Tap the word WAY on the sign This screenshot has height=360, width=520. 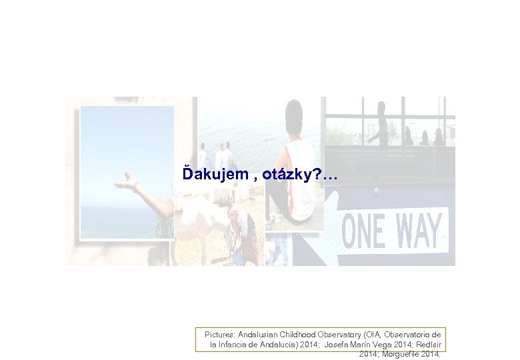click(419, 229)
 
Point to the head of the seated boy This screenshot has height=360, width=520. click(294, 114)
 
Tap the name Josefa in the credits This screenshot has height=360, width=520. click(339, 345)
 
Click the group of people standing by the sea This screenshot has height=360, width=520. click(216, 157)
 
